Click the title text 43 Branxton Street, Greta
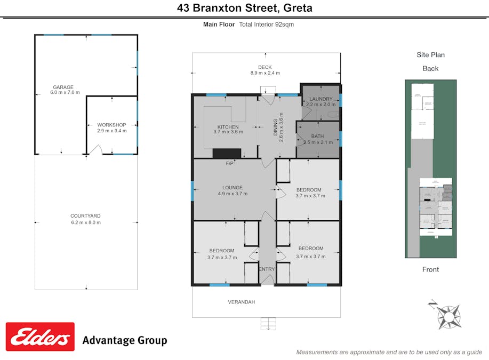coord(245,8)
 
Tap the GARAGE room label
coord(63,87)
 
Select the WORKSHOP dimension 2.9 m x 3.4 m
coord(112,131)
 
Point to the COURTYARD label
coord(86,216)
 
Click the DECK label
coord(265,67)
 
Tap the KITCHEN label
coord(228,126)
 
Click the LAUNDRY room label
coord(320,99)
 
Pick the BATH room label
coord(318,136)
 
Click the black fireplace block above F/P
coord(227,154)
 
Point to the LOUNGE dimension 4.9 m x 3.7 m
coord(233,194)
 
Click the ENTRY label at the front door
coord(267,269)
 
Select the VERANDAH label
coord(242,302)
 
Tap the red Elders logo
coord(40,337)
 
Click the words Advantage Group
coord(124,341)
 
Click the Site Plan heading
coord(430,55)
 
